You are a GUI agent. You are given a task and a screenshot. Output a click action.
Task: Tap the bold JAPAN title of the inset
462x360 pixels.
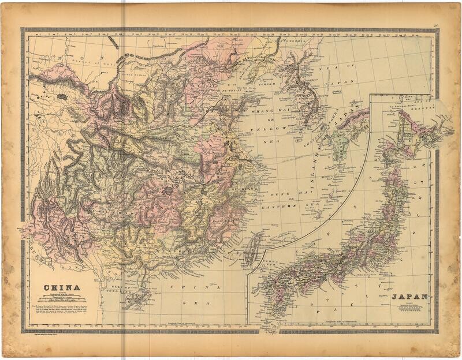(410, 298)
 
